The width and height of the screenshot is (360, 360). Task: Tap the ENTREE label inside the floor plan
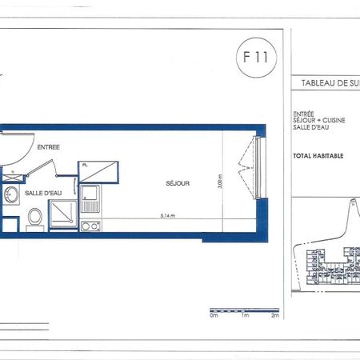[x=48, y=146]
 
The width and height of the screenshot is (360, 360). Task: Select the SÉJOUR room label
[x=178, y=182]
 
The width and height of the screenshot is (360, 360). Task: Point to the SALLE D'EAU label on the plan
[x=43, y=193]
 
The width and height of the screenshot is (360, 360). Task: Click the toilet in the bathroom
[x=34, y=215]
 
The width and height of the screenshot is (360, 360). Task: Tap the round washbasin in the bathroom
[x=10, y=194]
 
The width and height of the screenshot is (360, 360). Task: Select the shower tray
[x=63, y=214]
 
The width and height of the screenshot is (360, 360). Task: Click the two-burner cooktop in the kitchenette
[x=90, y=225]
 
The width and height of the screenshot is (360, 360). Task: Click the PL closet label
[x=85, y=165]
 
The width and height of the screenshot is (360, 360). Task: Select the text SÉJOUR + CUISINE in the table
[x=318, y=122]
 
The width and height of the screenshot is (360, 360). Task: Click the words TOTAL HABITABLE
[x=319, y=155]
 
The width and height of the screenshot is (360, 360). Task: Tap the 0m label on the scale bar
[x=214, y=316]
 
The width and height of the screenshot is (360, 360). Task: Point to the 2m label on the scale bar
[x=274, y=316]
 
